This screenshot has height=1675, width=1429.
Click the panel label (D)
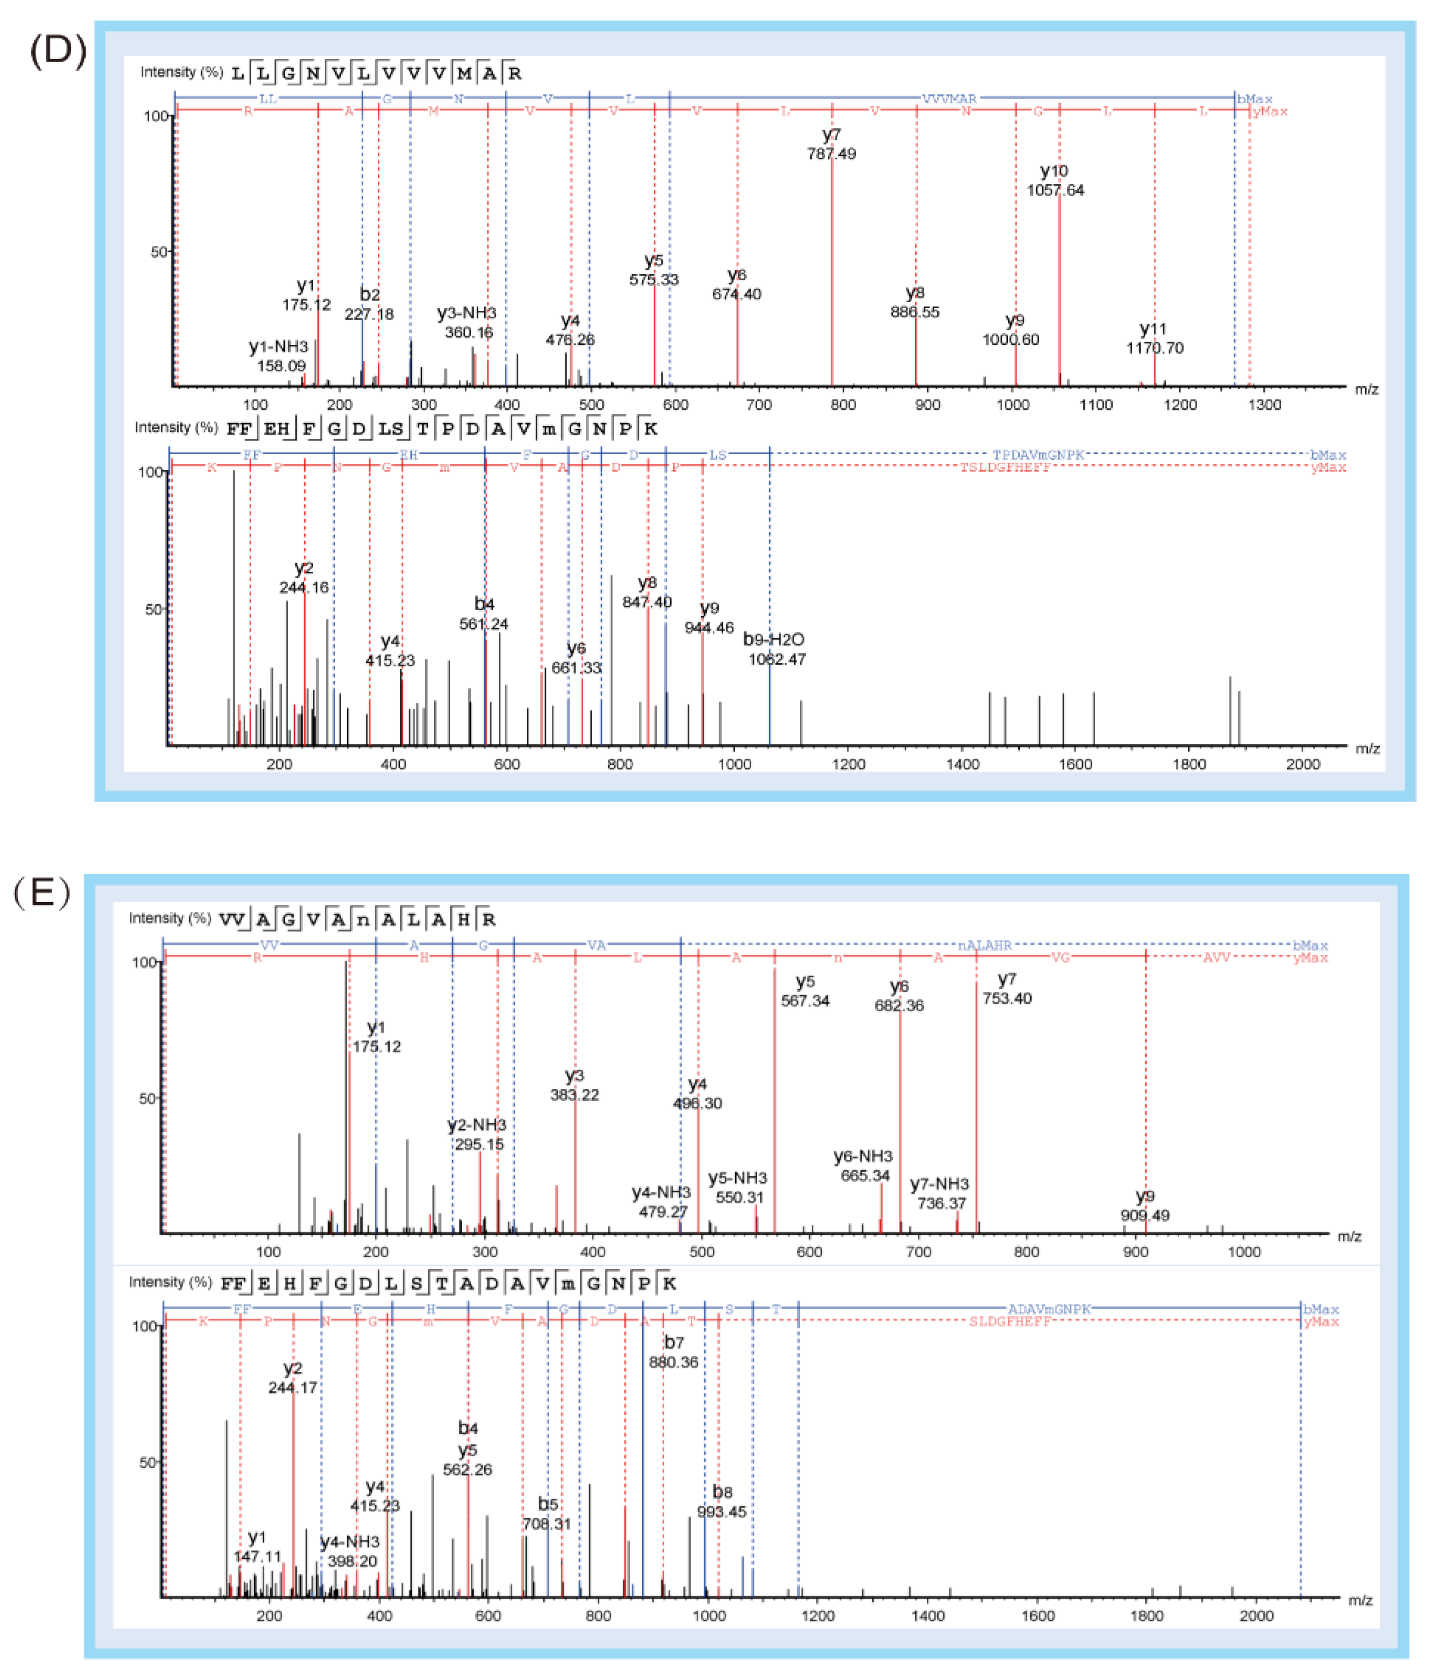tap(58, 51)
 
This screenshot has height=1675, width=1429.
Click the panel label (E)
tap(42, 893)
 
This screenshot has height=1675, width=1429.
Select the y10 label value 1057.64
tap(1055, 190)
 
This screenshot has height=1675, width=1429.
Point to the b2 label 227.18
tap(369, 313)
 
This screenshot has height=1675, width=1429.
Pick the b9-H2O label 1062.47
tap(776, 659)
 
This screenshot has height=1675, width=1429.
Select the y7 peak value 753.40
tap(1006, 998)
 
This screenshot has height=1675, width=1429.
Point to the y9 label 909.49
tap(1145, 1215)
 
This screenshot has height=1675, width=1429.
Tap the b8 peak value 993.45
tap(721, 1512)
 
